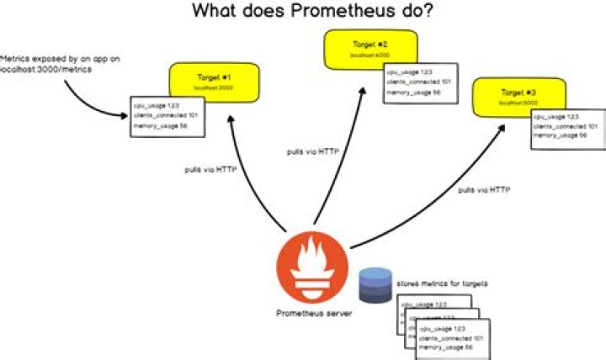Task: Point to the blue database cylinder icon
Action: click(375, 285)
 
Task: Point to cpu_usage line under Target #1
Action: click(157, 105)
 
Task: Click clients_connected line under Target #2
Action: click(411, 82)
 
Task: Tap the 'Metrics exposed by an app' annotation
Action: click(48, 63)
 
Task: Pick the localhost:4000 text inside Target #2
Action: click(368, 56)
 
